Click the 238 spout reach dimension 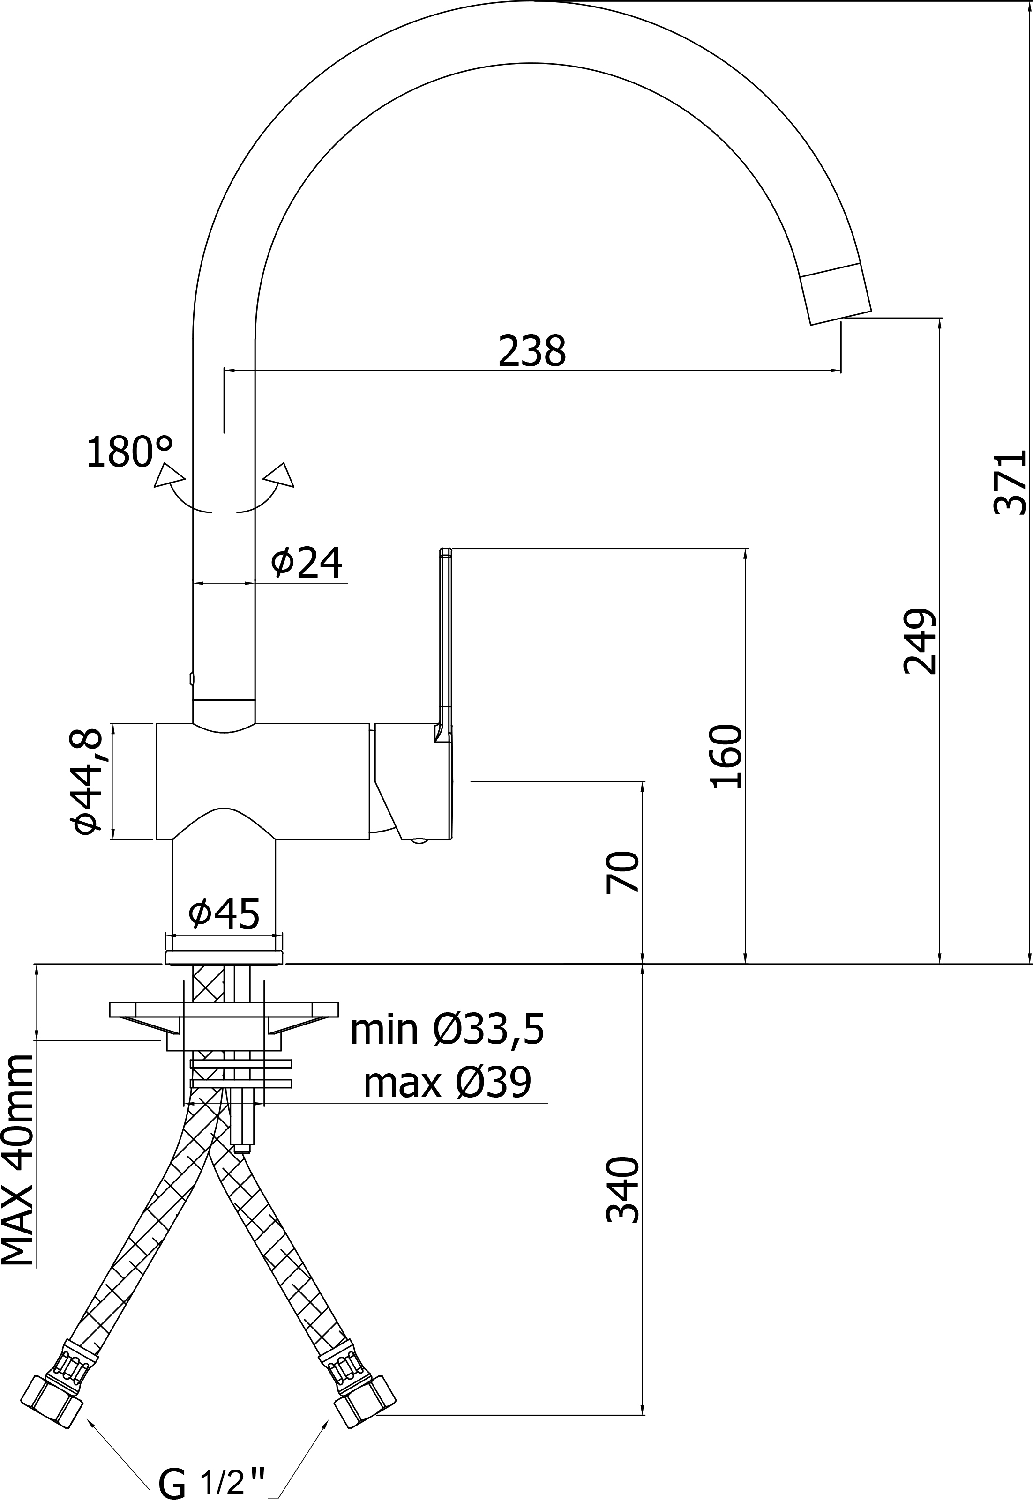[532, 352]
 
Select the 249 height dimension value [920, 641]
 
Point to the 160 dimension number [726, 756]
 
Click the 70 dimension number [622, 872]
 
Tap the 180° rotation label [129, 452]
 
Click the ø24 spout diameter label [306, 562]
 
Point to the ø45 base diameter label [224, 913]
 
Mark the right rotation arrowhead [280, 475]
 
